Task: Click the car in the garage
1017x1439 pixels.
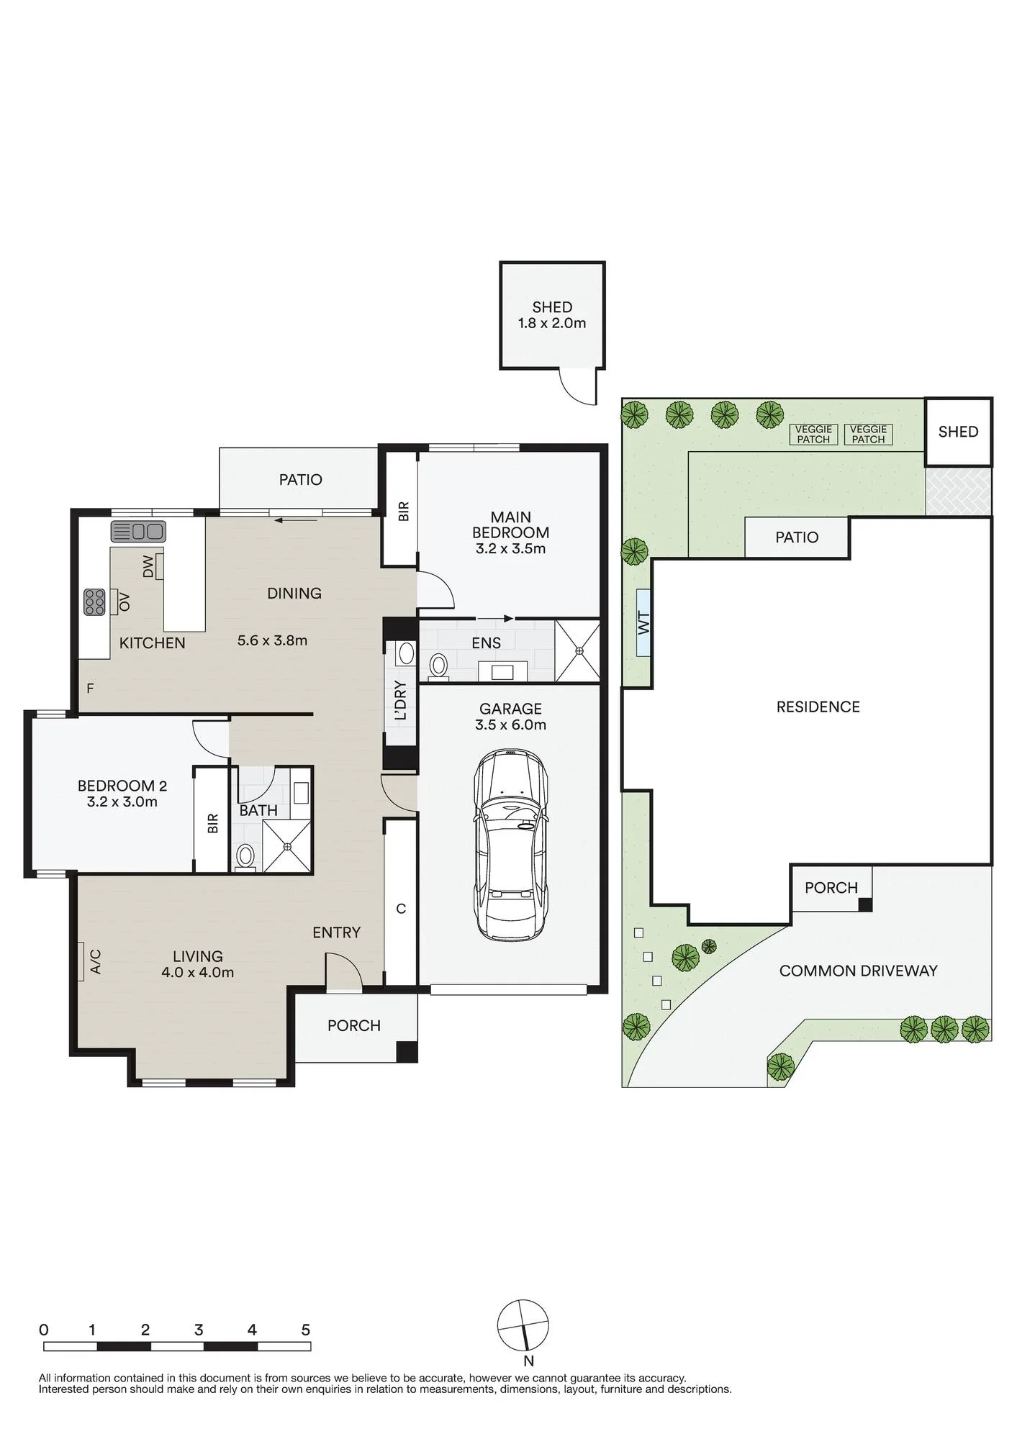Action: point(510,845)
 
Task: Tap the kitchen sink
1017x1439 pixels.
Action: point(138,532)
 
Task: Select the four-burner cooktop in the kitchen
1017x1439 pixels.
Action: point(95,602)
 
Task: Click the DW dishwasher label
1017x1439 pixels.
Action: point(148,566)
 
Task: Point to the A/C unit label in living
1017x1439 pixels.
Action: point(95,961)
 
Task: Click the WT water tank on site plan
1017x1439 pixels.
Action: point(643,622)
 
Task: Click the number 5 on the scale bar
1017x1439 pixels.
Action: point(305,1330)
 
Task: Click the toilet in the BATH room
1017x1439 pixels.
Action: point(246,857)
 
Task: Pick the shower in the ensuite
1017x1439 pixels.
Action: point(578,650)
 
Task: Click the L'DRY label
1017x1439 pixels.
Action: point(401,700)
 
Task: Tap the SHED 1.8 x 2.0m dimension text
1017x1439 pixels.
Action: point(552,323)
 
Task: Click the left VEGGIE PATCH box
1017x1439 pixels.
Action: point(814,434)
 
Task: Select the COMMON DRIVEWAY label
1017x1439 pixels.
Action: point(858,971)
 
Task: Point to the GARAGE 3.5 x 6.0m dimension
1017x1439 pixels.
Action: point(510,725)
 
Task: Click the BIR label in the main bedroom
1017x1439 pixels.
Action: point(403,512)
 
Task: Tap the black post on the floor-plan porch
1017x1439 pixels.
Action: point(407,1052)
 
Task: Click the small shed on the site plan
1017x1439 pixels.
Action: point(959,432)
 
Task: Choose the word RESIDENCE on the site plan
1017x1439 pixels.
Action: point(818,707)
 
